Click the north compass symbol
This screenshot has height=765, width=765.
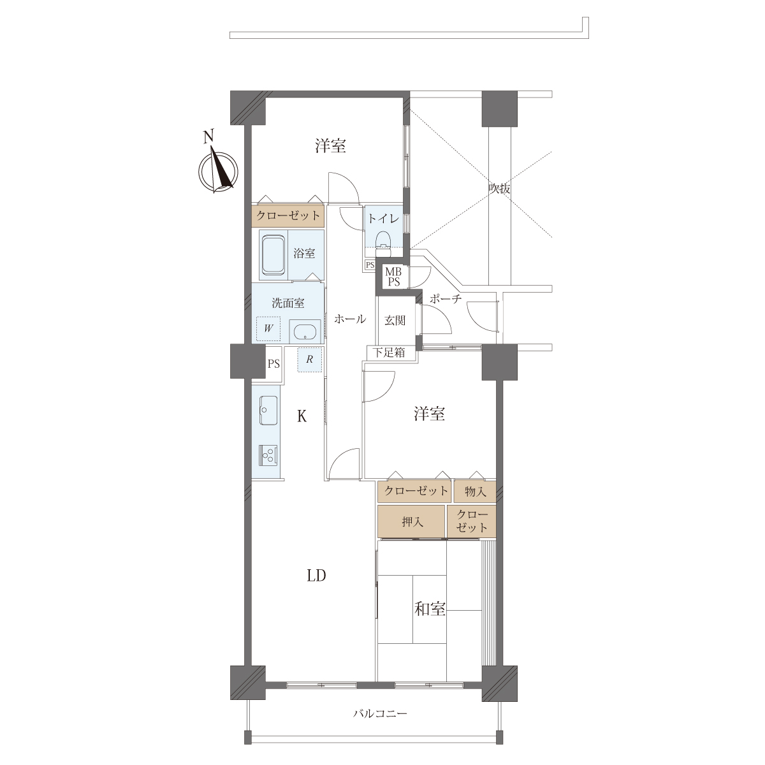218,169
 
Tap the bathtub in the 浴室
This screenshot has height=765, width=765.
273,255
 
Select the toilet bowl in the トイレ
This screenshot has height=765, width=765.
383,240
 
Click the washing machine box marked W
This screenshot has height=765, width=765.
268,328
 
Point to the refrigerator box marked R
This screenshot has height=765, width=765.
310,360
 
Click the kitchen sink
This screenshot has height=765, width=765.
269,410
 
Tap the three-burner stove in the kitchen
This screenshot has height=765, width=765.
269,455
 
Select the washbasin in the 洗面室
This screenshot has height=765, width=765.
305,332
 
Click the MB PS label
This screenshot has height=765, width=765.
394,277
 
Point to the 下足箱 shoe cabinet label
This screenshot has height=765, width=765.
389,352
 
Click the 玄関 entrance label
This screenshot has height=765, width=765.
395,320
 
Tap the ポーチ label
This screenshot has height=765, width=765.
446,298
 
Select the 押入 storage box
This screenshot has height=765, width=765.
411,521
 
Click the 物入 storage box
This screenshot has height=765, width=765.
475,492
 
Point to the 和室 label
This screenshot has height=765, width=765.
430,609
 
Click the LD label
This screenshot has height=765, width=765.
316,575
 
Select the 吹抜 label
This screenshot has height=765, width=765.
499,189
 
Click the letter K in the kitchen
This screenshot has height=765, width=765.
302,416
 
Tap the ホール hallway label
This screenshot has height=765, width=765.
350,319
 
